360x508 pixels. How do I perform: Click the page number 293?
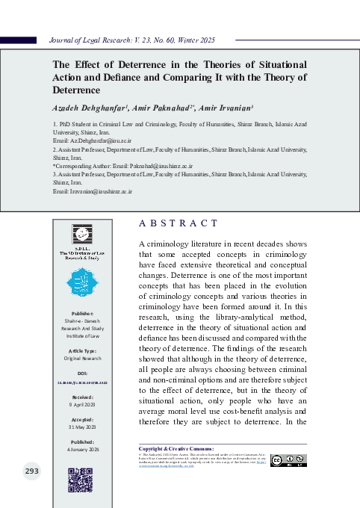31,471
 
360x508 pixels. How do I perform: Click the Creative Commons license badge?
288,460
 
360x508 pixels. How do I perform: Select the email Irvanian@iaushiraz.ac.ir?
93,192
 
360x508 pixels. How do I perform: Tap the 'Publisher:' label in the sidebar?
81,334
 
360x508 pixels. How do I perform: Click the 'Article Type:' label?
81,371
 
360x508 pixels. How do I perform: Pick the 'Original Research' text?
81,380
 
